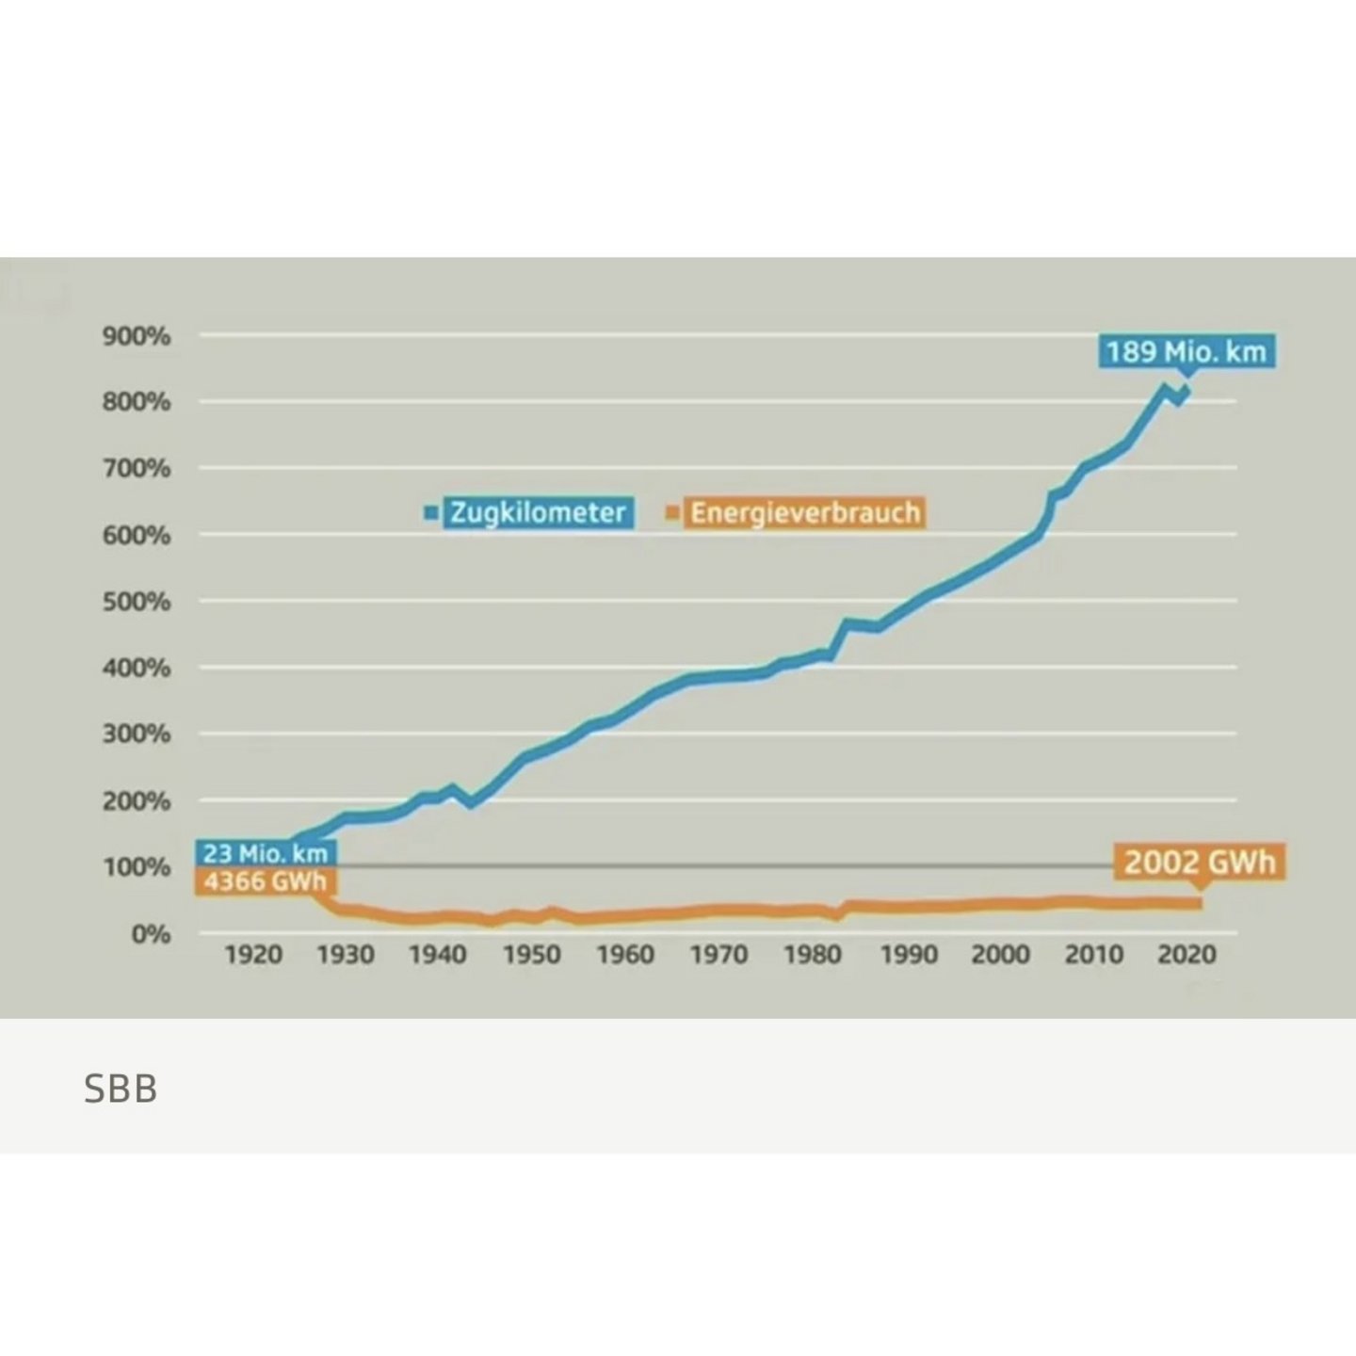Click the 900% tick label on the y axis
pos(137,336)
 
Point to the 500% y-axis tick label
pos(137,602)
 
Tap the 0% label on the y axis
pos(150,934)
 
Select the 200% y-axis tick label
pos(137,801)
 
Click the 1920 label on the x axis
pos(253,955)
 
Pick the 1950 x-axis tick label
pos(532,955)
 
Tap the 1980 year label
pos(813,955)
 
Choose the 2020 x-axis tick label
pos(1186,955)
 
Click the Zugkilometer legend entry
pos(538,512)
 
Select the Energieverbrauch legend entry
pos(805,512)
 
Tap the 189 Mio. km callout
pos(1186,352)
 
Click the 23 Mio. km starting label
pos(266,853)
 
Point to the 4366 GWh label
pos(266,881)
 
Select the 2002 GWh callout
pos(1199,862)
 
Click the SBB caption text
pos(121,1089)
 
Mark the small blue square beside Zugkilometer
pos(432,513)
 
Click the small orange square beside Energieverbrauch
pos(672,513)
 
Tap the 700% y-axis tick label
pos(137,469)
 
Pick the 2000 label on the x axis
pos(1000,955)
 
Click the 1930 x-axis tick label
pos(346,955)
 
